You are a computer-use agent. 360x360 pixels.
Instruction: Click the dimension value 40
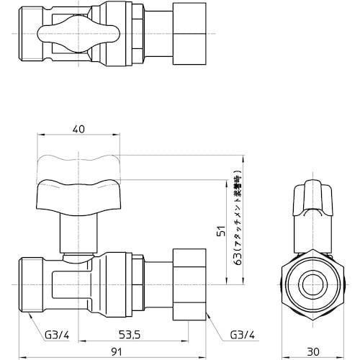point(78,130)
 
